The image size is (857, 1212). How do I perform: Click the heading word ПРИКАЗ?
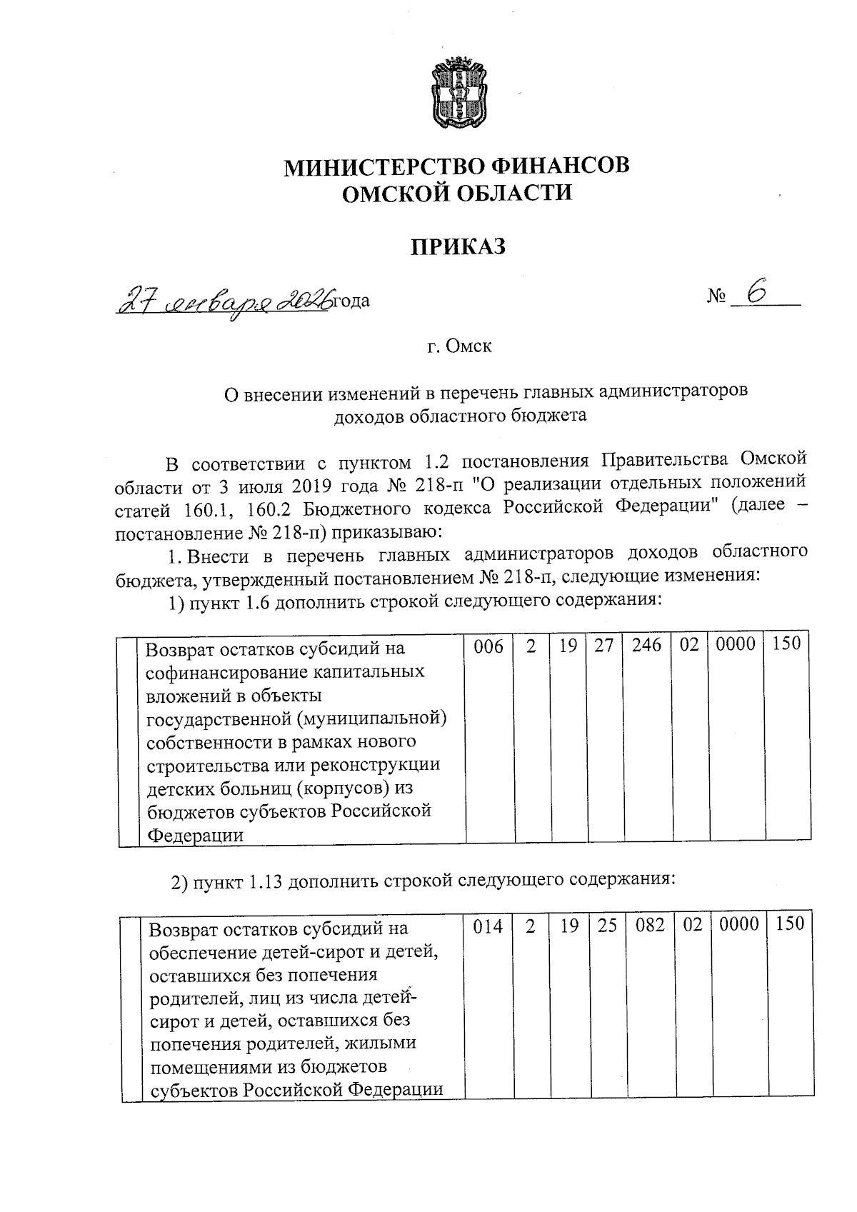point(458,246)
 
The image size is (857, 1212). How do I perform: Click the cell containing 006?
point(488,646)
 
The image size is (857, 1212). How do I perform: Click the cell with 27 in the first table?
point(604,646)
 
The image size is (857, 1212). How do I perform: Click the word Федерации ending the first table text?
point(195,835)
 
